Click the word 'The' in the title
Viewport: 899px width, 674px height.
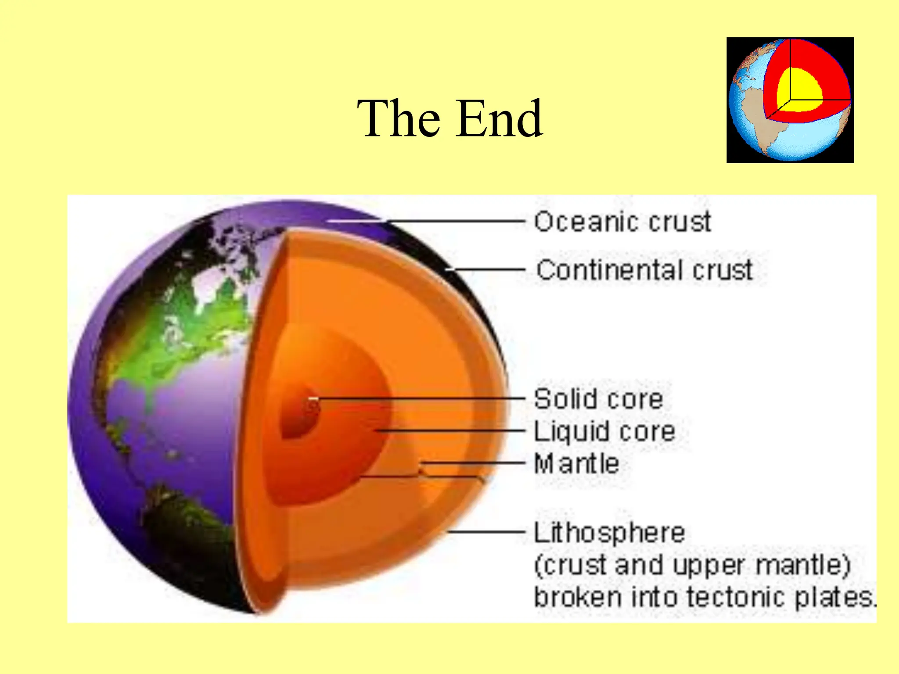[399, 118]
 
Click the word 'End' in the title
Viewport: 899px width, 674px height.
[500, 118]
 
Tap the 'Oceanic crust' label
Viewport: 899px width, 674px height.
[622, 222]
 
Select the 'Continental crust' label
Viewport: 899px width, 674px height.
[644, 269]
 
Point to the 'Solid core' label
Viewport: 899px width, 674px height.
[598, 399]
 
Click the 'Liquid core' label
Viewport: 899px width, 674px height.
[604, 431]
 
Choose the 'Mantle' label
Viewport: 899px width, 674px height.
[576, 464]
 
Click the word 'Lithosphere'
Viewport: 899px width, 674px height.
[609, 533]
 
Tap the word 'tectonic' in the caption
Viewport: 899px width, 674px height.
[735, 597]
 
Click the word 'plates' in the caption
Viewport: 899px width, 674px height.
[834, 597]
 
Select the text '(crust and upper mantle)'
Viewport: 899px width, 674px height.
[692, 565]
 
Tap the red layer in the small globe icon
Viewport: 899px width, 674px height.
[825, 66]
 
